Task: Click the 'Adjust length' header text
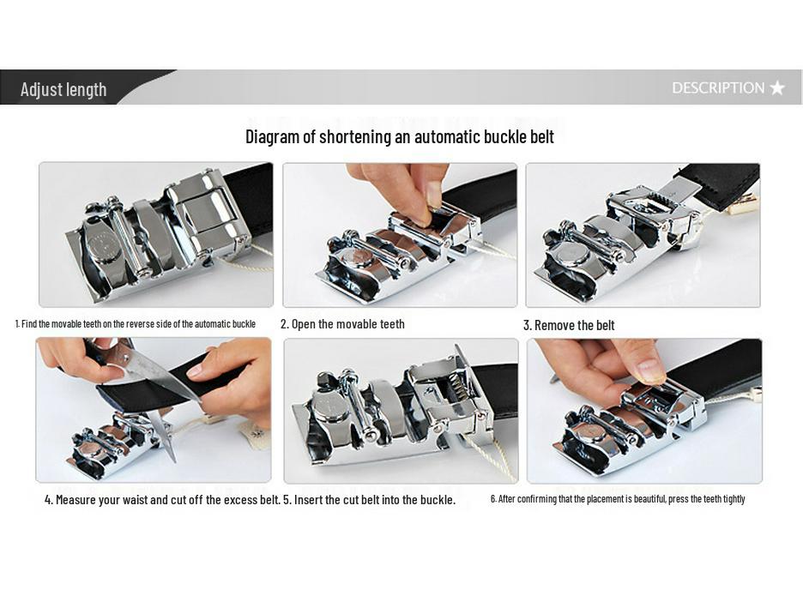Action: pos(63,89)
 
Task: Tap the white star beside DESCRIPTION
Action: pos(777,87)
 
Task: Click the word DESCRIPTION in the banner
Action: pos(717,87)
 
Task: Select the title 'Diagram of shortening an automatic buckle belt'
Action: pos(400,136)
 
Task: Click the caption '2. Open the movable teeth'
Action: pos(342,324)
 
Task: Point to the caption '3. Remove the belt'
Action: pos(569,325)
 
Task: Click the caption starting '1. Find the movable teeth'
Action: pos(136,324)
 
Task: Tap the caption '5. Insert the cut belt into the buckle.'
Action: pos(369,499)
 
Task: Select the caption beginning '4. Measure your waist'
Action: pos(162,499)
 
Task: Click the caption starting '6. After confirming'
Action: pos(618,499)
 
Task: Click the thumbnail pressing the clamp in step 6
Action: pos(650,370)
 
